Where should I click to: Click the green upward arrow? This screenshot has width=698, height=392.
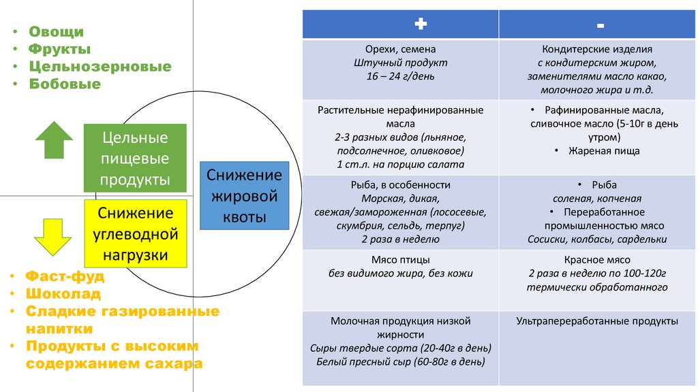(54, 140)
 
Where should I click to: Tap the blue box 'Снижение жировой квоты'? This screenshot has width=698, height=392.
(245, 196)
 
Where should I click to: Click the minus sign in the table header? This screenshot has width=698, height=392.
(600, 25)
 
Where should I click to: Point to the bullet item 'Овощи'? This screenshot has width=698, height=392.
(56, 31)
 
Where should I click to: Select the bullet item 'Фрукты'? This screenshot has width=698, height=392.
(59, 49)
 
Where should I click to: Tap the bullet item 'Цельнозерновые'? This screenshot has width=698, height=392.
(100, 67)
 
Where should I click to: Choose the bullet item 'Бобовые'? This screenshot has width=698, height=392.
(64, 84)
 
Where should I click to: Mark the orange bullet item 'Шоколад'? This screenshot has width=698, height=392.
(63, 294)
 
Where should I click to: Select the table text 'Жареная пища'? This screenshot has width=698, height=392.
(604, 151)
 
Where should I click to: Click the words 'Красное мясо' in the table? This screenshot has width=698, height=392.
(597, 259)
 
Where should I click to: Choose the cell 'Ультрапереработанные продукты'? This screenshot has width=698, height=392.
(597, 321)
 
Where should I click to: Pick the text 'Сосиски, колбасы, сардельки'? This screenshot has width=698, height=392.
(597, 240)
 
